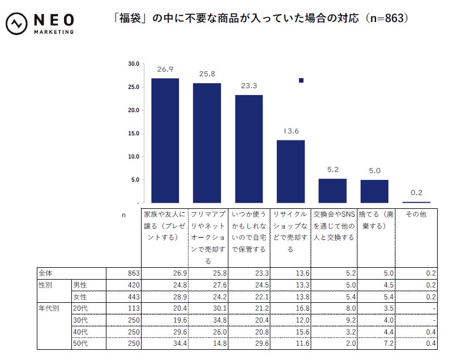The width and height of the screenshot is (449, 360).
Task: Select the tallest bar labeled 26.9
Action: tap(165, 140)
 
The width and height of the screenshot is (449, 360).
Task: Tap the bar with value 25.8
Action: tap(207, 143)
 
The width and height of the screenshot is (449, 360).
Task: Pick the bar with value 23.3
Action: tap(249, 148)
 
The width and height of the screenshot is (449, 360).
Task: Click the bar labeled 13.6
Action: tap(290, 171)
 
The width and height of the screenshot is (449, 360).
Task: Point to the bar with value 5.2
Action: tap(332, 191)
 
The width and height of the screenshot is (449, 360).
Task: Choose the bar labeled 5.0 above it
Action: tap(374, 191)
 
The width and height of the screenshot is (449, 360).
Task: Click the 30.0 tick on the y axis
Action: tap(134, 64)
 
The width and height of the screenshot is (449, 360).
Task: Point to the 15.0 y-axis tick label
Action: tap(134, 134)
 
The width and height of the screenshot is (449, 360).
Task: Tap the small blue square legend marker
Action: tap(301, 80)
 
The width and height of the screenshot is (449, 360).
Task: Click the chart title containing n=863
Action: tap(260, 19)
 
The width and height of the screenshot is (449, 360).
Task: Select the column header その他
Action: tap(416, 215)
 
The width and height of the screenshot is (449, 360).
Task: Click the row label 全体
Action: tap(45, 273)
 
